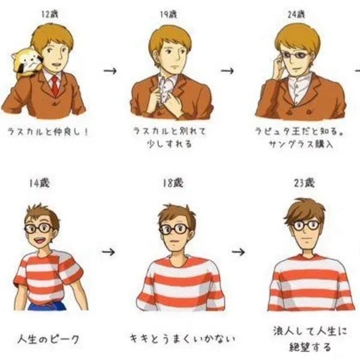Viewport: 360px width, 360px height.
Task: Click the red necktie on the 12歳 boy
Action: coord(55,85)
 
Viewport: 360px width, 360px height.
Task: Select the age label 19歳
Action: coord(169,14)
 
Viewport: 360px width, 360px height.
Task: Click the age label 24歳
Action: coord(296,14)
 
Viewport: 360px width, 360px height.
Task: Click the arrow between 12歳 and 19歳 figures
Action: coord(110,71)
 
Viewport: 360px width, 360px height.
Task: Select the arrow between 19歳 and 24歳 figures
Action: coord(227,71)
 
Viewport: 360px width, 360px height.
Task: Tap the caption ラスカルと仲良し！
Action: coord(48,132)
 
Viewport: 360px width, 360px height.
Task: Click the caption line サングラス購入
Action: coord(301,144)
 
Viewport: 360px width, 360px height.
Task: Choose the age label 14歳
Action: coord(39,183)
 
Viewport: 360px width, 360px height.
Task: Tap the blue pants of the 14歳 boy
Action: coord(47,307)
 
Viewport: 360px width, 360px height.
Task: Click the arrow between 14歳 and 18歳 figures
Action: coord(109,252)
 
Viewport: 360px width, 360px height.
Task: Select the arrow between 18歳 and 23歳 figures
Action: coord(238,252)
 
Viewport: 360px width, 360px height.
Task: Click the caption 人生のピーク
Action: coord(48,339)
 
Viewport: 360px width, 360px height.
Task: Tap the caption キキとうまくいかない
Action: coord(182,338)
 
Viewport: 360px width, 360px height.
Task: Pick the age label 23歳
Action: coord(304,183)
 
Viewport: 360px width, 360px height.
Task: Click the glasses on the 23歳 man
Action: coord(307,225)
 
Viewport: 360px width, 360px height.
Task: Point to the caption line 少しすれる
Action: coord(169,144)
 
